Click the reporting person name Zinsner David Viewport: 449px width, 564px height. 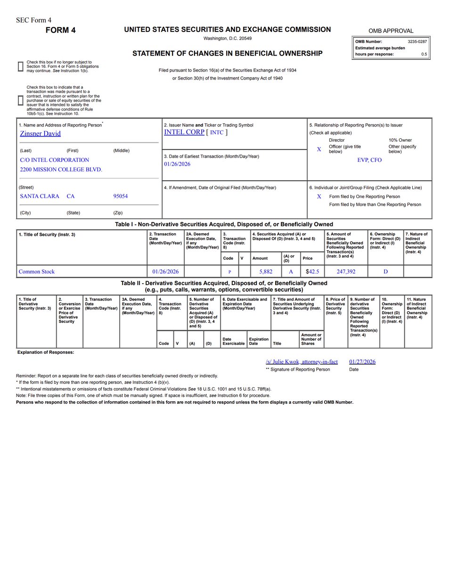[40, 133]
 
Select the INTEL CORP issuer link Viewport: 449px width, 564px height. [184, 132]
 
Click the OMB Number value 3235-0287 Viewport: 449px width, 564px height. [417, 42]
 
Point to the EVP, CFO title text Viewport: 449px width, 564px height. [369, 160]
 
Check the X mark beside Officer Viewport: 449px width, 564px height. [319, 149]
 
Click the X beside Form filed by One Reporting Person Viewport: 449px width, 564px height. [319, 197]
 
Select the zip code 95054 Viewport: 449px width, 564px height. [120, 196]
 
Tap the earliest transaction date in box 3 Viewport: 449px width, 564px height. [177, 164]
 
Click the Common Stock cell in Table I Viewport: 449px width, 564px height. [37, 271]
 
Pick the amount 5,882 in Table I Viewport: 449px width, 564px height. [266, 271]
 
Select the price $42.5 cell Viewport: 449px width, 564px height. [312, 271]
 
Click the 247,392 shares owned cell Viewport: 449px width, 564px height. [346, 271]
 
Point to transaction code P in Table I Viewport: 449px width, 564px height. [229, 272]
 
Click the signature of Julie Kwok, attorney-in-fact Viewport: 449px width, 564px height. [302, 362]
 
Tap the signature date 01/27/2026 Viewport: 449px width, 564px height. [362, 362]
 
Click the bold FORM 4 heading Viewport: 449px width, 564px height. [60, 31]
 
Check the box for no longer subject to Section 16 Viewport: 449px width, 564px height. [20, 66]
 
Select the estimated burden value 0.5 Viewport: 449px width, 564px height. [424, 54]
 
